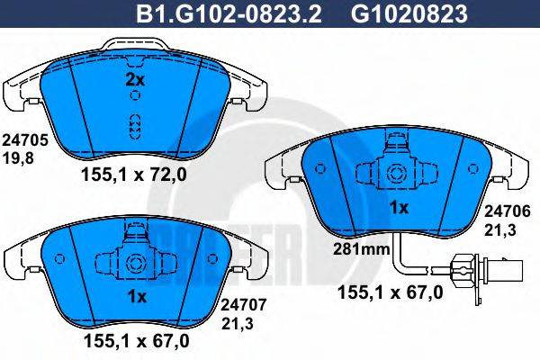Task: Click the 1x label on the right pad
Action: tap(398, 208)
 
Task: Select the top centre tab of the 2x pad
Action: tap(134, 45)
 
